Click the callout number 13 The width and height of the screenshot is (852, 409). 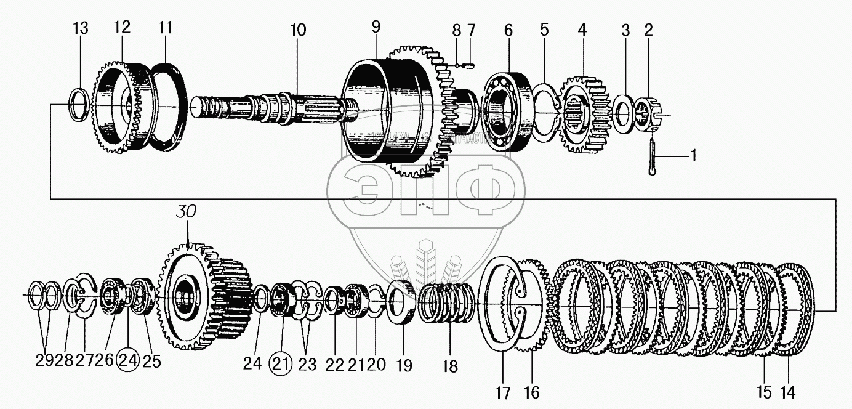coord(80,28)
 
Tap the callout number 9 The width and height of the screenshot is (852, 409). coord(376,27)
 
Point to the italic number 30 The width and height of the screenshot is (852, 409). coord(188,212)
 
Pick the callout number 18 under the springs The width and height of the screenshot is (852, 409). coord(450,367)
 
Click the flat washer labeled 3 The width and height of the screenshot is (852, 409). coord(624,113)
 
